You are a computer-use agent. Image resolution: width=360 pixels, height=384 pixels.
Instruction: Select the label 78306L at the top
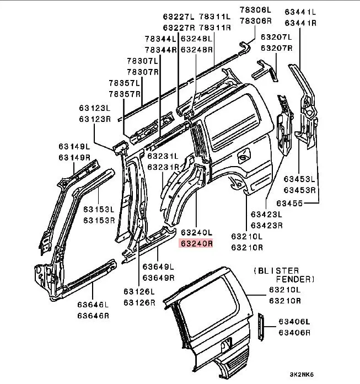coord(255,10)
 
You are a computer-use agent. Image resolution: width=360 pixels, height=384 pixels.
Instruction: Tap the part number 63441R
coord(300,23)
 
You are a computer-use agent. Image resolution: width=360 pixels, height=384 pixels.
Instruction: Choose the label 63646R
coord(92,315)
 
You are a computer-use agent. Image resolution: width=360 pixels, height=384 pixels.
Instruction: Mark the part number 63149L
coord(74,147)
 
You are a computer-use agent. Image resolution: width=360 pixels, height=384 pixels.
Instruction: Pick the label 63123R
coord(94,119)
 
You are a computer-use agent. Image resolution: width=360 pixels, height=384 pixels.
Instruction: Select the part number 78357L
coord(125,83)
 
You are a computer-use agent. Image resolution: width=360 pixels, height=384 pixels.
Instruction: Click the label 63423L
coord(266,215)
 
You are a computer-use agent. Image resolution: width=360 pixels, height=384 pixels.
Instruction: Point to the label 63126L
coord(138,292)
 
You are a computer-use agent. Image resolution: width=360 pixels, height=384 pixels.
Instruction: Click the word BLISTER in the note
coord(279,270)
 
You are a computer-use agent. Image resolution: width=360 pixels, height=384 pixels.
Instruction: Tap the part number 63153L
coord(99,210)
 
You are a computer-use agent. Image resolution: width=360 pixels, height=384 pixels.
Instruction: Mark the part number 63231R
coord(163,167)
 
